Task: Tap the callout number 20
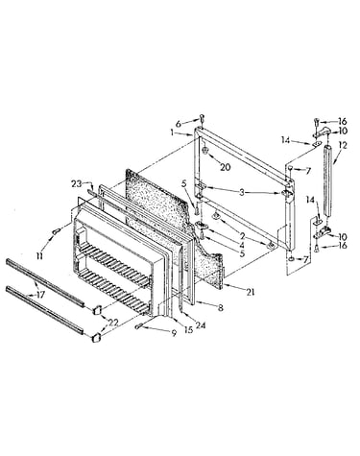point(226,167)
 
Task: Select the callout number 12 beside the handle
point(343,145)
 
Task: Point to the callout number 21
point(251,292)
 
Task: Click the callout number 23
point(77,184)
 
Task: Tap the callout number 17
point(41,295)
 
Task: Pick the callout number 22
point(113,323)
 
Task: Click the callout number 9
point(174,333)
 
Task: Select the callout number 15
point(189,329)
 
